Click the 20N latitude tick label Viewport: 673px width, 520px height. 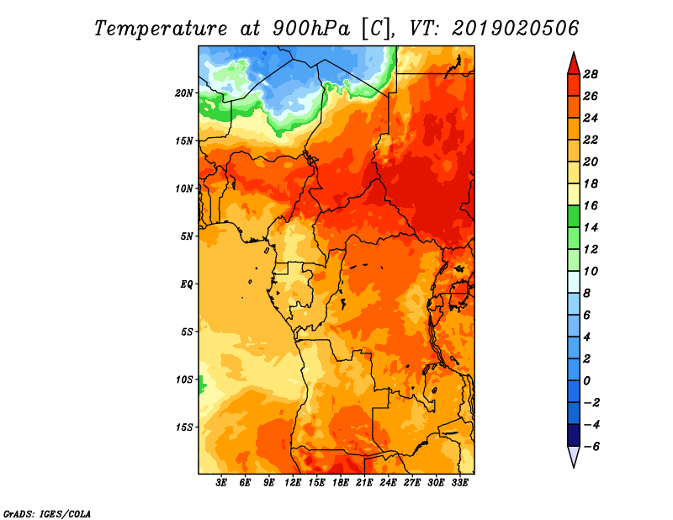tap(184, 93)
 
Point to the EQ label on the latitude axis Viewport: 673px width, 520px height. tap(187, 284)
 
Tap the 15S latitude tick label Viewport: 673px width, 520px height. tap(184, 427)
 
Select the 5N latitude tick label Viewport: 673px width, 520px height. tap(187, 236)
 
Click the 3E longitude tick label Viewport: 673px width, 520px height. tap(221, 482)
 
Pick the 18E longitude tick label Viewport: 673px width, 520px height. tap(341, 482)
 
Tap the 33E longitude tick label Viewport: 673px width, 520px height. tap(459, 482)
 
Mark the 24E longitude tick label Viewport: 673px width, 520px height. tap(388, 482)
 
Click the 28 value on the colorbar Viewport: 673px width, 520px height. tap(591, 75)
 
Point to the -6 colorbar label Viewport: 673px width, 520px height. tap(591, 447)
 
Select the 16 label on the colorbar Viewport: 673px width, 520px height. tap(591, 206)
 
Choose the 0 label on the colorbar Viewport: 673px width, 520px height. tap(586, 381)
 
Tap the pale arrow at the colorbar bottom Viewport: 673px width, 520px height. tap(574, 456)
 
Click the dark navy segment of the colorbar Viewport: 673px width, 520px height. tap(574, 435)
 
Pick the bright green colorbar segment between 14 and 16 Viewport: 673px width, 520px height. tap(574, 217)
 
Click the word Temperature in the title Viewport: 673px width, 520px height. tap(161, 29)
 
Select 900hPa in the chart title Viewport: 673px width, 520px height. tap(311, 29)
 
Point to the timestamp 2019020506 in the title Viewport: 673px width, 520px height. tap(516, 29)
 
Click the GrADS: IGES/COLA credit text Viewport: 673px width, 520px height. tap(47, 514)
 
